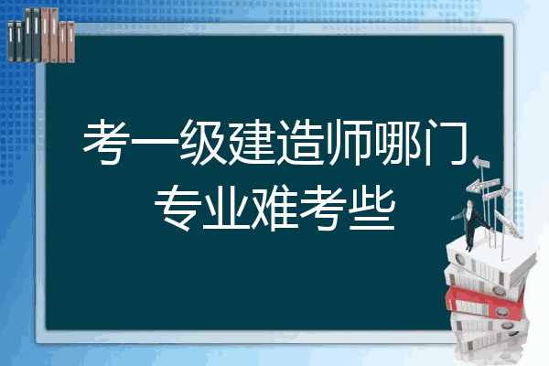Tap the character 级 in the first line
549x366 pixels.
click(x=203, y=142)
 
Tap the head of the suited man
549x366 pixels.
click(x=469, y=203)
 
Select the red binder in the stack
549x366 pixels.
click(x=484, y=303)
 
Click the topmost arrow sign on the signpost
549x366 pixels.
click(x=481, y=163)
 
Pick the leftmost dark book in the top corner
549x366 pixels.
click(x=11, y=41)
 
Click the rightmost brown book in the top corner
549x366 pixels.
click(x=70, y=42)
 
